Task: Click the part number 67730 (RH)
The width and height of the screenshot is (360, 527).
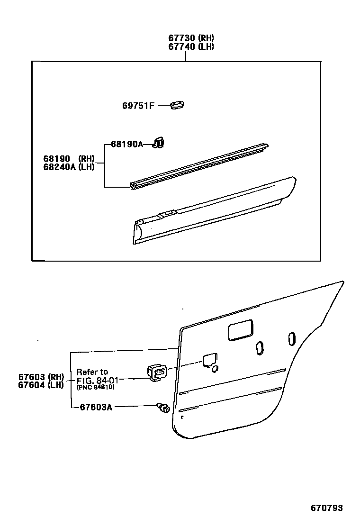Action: tap(191, 38)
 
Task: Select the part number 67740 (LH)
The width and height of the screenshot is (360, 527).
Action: tap(191, 46)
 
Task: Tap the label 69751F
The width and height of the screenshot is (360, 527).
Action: tap(138, 105)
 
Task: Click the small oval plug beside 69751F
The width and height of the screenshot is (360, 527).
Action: tap(177, 104)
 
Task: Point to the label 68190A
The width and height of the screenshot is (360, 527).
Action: tap(126, 144)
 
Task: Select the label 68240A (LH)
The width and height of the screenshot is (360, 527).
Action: tap(69, 166)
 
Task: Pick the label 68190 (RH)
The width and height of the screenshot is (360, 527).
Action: tap(69, 158)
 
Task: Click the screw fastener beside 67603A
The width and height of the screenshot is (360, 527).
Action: tap(163, 407)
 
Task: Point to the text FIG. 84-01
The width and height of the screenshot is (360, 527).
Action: tap(98, 380)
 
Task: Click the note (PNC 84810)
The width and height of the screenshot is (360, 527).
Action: tap(95, 387)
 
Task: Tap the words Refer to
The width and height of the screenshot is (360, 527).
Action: tap(92, 372)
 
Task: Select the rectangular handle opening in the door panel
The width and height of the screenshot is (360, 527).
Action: tap(241, 330)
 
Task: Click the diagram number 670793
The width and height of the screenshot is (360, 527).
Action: tap(326, 508)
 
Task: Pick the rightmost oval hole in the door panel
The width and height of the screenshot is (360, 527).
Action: tap(292, 338)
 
